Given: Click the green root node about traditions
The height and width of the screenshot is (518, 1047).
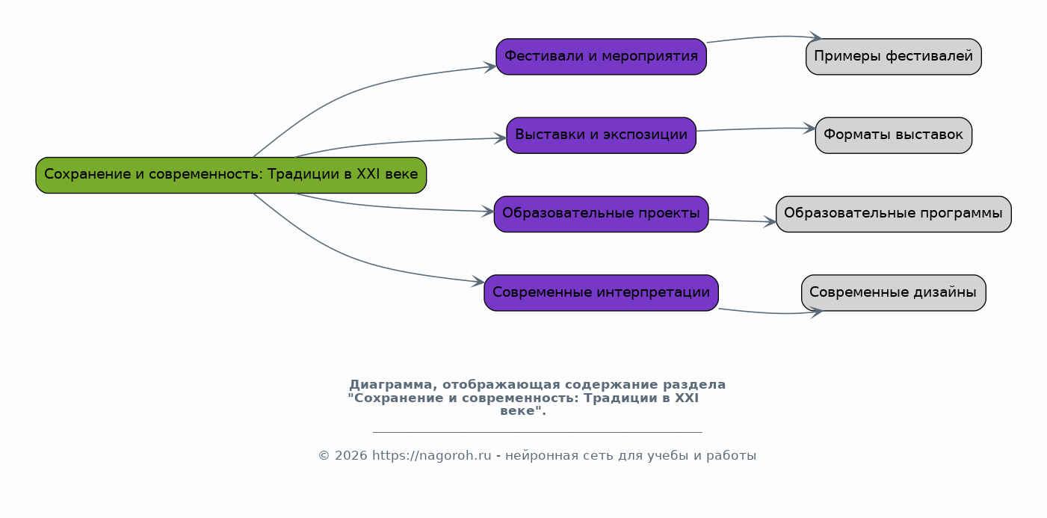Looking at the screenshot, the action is [x=231, y=176].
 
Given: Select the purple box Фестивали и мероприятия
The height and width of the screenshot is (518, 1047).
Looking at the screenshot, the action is [x=601, y=57].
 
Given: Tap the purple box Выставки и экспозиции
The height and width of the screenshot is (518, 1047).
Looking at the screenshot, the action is [x=601, y=135].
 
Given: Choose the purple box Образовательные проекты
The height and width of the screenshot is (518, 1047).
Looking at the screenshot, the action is [x=601, y=214].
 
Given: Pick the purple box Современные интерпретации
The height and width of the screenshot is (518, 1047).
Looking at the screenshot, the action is [x=601, y=293].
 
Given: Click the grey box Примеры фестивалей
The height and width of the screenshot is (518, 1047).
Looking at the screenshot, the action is [x=894, y=57].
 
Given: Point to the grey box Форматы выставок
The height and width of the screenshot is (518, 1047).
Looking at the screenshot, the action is [x=894, y=135].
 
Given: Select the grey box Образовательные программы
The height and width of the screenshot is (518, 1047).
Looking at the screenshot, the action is [x=894, y=214].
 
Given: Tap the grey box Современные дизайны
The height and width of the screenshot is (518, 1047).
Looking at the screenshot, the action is [x=894, y=293].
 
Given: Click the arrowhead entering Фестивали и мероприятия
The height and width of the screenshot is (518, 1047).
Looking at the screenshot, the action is [x=490, y=67].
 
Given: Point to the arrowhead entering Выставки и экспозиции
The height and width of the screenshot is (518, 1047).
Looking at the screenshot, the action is [x=501, y=138].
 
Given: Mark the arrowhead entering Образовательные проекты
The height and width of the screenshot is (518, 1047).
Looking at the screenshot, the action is [x=489, y=212].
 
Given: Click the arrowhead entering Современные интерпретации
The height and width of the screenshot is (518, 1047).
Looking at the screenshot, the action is [x=478, y=282].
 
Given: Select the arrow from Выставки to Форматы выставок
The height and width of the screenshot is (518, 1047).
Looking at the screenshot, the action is [x=756, y=129].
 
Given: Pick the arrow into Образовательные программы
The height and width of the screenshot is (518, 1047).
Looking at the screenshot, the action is [x=742, y=221].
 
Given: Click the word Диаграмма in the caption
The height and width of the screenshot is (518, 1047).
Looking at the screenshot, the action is [x=391, y=385].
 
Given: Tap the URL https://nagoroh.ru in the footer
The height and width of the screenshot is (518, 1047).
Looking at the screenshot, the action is [x=431, y=455].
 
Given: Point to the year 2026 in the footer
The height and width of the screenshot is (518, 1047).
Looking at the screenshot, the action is [x=351, y=456].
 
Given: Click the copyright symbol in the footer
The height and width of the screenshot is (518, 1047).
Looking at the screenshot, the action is [x=324, y=456].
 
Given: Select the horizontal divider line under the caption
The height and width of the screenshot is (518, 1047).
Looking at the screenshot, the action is [x=537, y=432].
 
